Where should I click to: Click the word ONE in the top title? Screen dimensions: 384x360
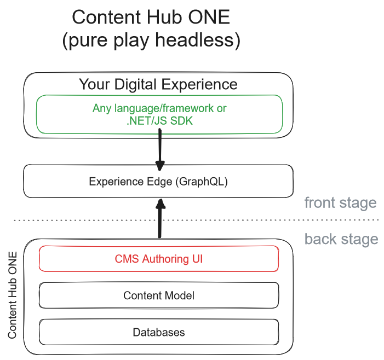pos(209,17)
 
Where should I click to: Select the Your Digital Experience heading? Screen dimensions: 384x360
pos(158,85)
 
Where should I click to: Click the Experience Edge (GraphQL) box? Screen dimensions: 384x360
pos(158,181)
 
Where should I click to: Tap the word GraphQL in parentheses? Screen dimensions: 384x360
pos(202,182)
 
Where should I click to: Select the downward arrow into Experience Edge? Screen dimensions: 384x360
pos(160,150)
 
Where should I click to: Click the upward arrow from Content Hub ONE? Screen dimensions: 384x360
pos(160,218)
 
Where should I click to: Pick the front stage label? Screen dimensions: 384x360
pos(340,203)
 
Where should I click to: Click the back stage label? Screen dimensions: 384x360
pos(341,239)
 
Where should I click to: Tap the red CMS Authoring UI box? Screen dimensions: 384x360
pos(159,259)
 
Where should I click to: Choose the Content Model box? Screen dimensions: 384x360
pos(159,295)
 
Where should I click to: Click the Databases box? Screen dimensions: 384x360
pos(159,332)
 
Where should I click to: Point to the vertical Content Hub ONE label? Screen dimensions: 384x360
pos(12,295)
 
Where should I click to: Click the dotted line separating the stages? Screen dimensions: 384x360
pos(196,220)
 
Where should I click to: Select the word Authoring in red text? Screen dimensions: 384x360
pos(165,259)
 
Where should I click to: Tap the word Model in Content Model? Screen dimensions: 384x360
pos(180,295)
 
